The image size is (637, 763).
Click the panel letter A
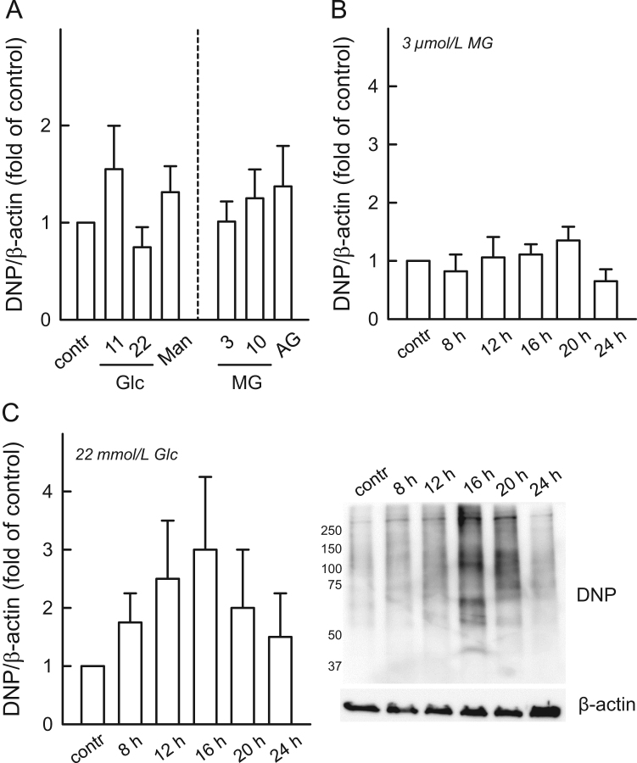tap(11, 12)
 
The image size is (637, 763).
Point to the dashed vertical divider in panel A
tap(198, 170)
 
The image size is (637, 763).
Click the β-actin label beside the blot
tap(603, 704)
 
